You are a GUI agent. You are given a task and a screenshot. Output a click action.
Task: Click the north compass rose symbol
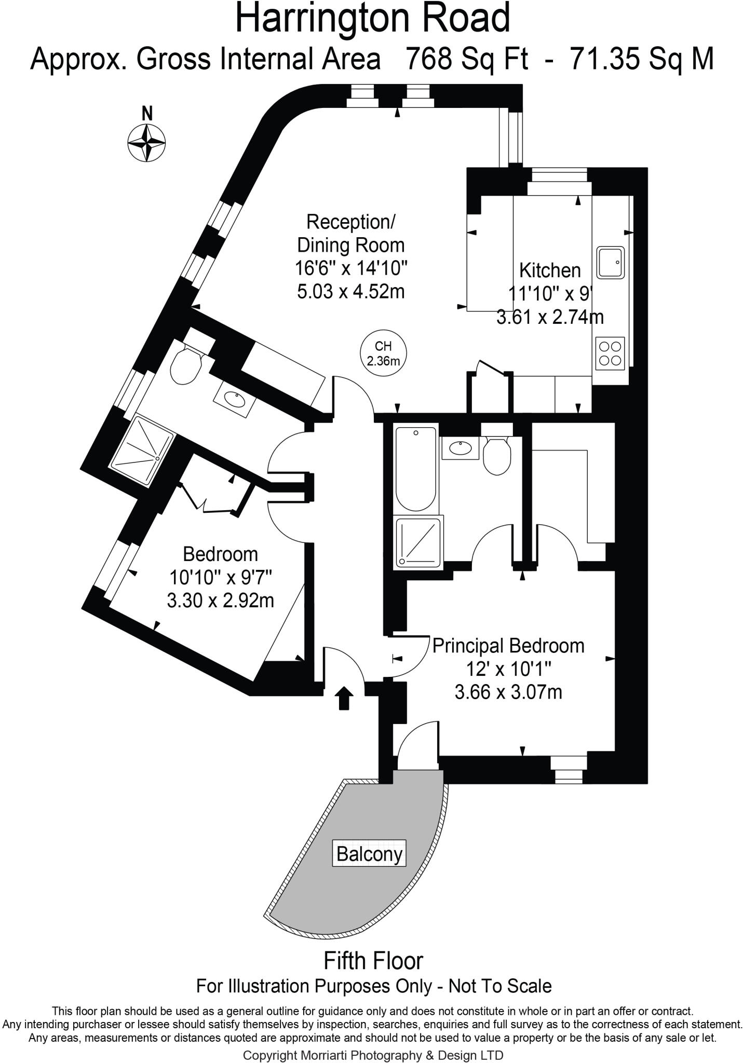[147, 141]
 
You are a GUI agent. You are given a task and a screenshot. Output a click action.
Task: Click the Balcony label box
[369, 853]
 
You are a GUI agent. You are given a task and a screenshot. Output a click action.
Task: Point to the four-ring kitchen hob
[610, 353]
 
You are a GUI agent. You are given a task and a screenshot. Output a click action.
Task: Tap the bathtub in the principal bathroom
[416, 468]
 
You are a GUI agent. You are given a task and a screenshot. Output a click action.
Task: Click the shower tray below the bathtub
[419, 542]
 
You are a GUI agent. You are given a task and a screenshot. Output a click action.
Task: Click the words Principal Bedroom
[508, 646]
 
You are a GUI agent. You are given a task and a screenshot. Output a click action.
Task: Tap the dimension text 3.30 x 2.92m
[220, 601]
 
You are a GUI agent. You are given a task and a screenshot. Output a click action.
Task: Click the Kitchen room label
[550, 270]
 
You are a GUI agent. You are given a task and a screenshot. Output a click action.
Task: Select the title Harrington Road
[373, 19]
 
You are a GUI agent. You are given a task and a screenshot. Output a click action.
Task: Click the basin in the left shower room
[235, 399]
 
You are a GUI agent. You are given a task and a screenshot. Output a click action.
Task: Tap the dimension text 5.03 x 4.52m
[351, 291]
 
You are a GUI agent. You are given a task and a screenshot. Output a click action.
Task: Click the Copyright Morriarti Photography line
[373, 1055]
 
